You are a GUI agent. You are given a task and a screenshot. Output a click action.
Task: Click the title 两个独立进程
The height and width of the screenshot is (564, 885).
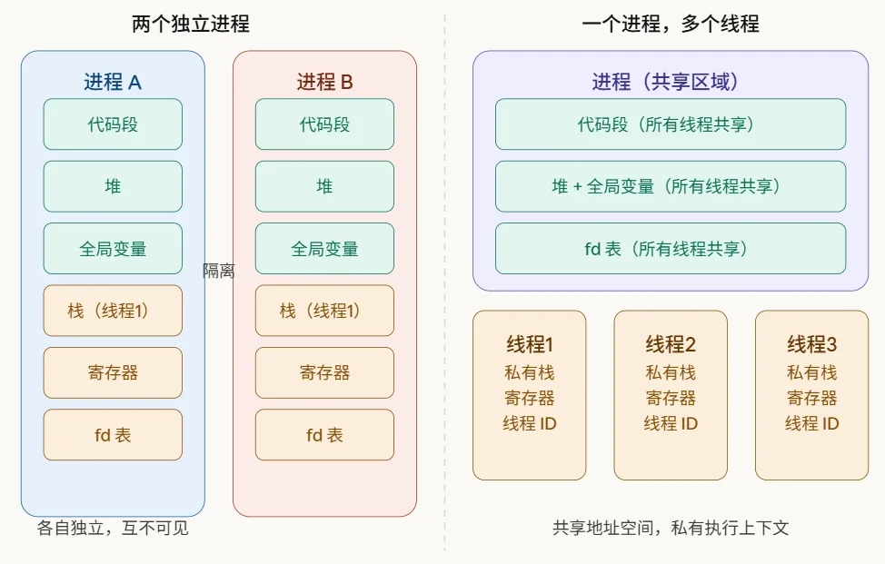(190, 25)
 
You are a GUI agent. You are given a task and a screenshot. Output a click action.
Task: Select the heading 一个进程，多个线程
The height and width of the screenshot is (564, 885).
(670, 25)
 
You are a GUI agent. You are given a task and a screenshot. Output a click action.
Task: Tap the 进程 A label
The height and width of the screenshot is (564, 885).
(113, 83)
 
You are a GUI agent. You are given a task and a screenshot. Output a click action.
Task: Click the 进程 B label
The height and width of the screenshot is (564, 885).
(324, 83)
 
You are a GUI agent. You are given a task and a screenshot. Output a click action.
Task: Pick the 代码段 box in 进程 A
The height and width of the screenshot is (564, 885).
(113, 124)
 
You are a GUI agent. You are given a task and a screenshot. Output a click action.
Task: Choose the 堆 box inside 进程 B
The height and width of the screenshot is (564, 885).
(324, 186)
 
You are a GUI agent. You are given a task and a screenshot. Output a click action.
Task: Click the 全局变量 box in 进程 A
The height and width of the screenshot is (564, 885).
(113, 249)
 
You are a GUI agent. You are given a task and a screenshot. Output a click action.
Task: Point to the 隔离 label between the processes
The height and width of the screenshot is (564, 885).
(218, 271)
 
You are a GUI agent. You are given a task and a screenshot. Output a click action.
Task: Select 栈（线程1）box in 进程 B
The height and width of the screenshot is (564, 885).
(324, 311)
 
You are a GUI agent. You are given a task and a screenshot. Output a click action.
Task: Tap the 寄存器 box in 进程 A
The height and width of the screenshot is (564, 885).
(113, 372)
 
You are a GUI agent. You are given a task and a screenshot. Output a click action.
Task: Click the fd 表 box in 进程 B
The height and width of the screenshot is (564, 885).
(324, 435)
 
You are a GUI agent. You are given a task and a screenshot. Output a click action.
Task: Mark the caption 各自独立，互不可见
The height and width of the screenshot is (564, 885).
(113, 528)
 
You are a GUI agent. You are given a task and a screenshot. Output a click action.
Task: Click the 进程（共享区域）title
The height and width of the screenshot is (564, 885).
(670, 83)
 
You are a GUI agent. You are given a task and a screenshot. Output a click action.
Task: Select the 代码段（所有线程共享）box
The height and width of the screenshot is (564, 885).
(670, 124)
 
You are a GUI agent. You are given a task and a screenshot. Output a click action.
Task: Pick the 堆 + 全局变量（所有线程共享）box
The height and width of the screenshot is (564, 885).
(670, 186)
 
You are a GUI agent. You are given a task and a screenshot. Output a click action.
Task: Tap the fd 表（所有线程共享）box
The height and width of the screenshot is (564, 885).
(670, 249)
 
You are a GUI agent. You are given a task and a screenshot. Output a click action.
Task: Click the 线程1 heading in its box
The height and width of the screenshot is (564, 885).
(530, 345)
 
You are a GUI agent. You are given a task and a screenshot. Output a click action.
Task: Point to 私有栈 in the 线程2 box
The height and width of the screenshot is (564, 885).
(671, 372)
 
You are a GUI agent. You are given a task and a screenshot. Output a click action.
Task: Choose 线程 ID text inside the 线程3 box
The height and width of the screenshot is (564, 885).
(811, 423)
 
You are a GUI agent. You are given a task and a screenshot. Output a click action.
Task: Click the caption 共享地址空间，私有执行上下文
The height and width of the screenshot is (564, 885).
(670, 528)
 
